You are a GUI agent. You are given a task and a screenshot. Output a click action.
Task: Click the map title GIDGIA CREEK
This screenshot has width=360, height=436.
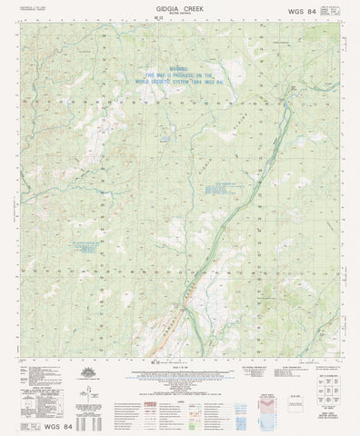(x=179, y=6)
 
